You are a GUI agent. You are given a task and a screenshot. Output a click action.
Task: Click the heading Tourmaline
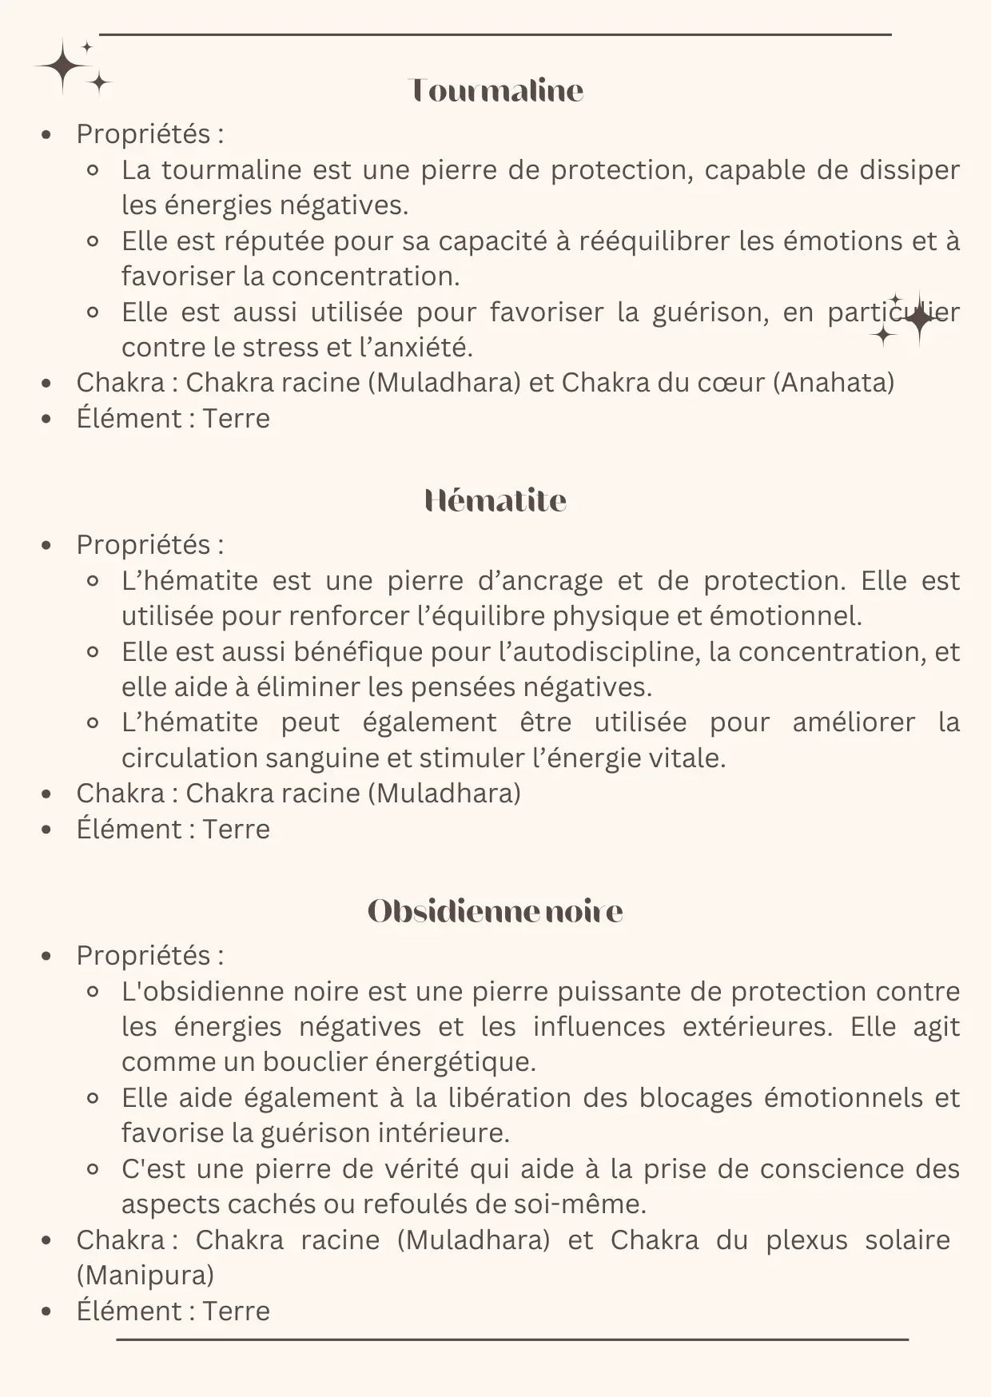[x=495, y=90]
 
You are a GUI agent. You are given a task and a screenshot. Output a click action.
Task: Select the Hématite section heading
[x=495, y=501]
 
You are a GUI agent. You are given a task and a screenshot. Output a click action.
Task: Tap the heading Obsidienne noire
[x=495, y=911]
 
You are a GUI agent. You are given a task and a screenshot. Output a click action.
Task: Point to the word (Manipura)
[x=145, y=1275]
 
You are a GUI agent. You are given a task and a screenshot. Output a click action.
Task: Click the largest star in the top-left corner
[x=62, y=66]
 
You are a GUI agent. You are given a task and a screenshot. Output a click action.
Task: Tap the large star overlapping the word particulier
[x=919, y=318]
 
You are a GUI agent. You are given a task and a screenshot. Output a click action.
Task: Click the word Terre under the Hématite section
[x=236, y=830]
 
